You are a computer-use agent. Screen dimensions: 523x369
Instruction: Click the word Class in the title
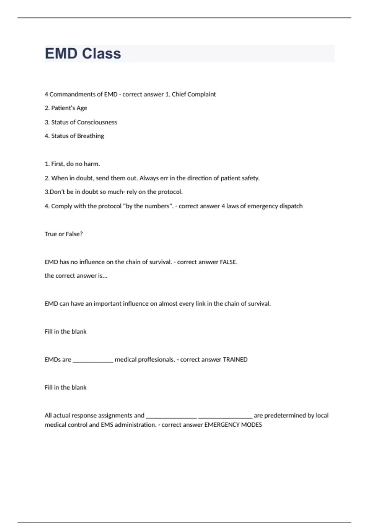pyautogui.click(x=101, y=54)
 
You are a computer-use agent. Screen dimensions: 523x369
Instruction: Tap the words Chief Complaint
pyautogui.click(x=194, y=94)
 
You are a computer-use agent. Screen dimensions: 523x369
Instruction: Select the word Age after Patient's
pyautogui.click(x=82, y=108)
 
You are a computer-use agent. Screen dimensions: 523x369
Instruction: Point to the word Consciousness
pyautogui.click(x=97, y=122)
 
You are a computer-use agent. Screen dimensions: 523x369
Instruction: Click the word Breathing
pyautogui.click(x=90, y=136)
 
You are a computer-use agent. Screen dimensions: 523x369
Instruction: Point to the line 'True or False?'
pyautogui.click(x=64, y=234)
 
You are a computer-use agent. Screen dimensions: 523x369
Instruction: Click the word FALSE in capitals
pyautogui.click(x=228, y=262)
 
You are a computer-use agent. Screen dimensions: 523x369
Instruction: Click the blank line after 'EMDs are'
pyautogui.click(x=93, y=360)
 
